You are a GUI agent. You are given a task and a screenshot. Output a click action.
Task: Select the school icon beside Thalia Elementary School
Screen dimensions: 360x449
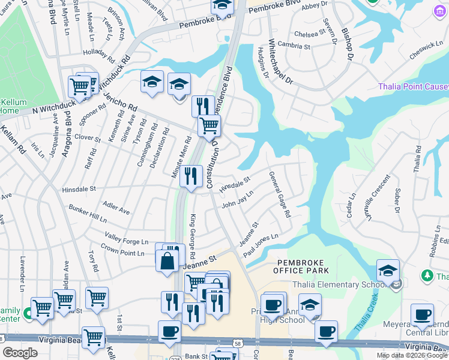pos(388,271)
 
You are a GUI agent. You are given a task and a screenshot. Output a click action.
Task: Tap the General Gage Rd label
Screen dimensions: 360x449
pos(280,194)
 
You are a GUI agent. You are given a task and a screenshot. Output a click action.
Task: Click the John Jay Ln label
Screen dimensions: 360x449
pos(238,200)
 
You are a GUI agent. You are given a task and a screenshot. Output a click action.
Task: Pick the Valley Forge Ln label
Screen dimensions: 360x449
pos(126,238)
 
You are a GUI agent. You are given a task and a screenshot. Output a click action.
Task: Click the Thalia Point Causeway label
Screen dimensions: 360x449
pos(413,87)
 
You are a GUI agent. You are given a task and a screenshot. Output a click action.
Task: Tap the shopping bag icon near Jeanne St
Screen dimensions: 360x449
pos(166,261)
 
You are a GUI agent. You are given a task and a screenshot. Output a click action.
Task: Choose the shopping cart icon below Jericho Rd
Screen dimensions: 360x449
pos(209,126)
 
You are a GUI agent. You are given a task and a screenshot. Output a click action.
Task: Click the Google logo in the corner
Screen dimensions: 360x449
pos(20,353)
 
